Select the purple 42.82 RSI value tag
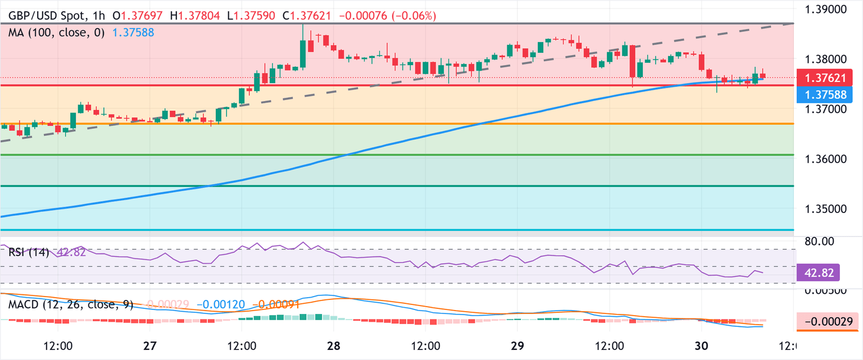tap(817, 273)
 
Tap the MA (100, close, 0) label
tap(57, 33)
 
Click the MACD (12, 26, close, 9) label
tap(71, 304)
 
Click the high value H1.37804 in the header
tap(199, 16)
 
